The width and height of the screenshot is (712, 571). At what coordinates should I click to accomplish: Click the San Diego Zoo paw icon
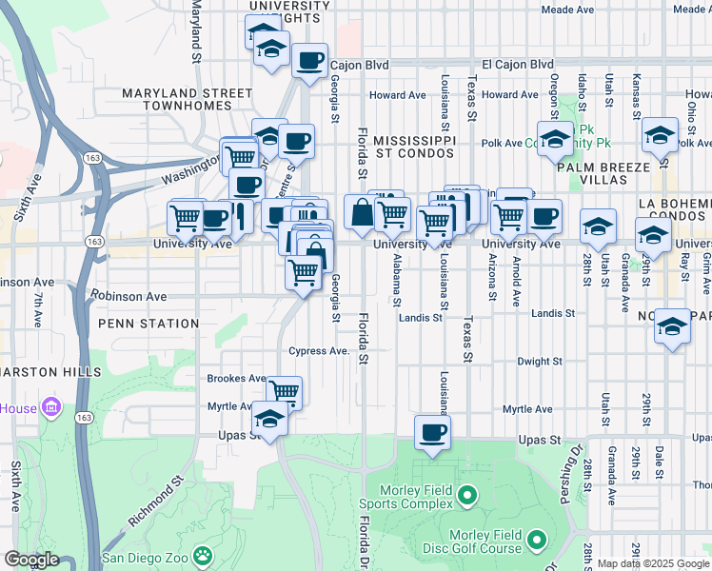pyautogui.click(x=202, y=554)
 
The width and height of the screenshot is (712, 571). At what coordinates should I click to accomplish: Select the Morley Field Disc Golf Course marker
pyautogui.click(x=536, y=541)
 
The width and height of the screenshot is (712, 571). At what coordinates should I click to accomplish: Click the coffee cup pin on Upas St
pyautogui.click(x=433, y=433)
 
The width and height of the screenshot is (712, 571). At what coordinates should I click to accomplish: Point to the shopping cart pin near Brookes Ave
pyautogui.click(x=284, y=391)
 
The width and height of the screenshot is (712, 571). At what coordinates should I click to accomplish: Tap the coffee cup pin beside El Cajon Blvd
pyautogui.click(x=309, y=61)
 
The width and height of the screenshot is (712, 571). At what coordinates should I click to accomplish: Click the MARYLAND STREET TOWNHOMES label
pyautogui.click(x=187, y=100)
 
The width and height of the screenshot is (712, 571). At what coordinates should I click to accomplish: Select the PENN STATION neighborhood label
pyautogui.click(x=148, y=324)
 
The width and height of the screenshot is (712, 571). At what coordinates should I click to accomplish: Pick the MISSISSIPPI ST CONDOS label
pyautogui.click(x=414, y=146)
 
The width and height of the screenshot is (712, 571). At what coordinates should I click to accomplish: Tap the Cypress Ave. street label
pyautogui.click(x=321, y=350)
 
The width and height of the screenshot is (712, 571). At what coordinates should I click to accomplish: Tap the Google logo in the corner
pyautogui.click(x=31, y=560)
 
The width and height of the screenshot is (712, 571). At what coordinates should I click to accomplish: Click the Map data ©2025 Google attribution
pyautogui.click(x=654, y=563)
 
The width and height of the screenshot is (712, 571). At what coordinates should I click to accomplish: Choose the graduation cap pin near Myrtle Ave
pyautogui.click(x=269, y=420)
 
